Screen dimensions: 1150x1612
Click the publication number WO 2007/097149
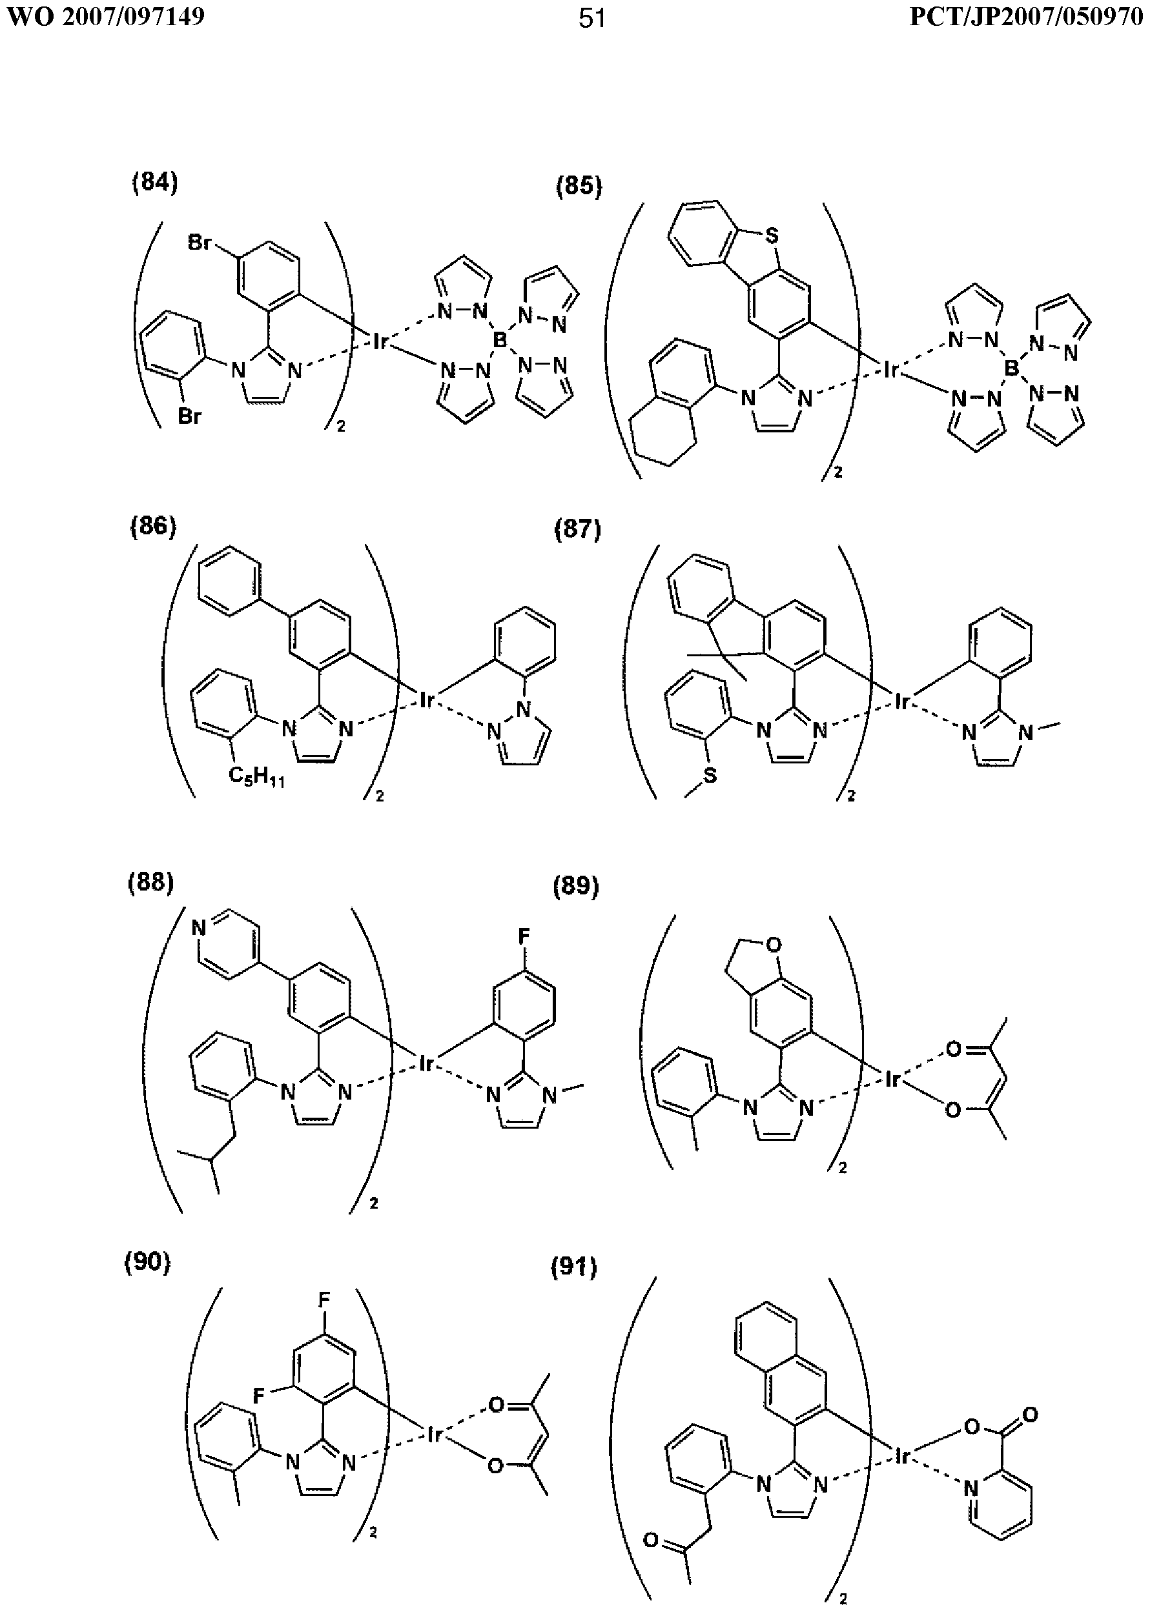(104, 16)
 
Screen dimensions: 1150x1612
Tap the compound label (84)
(155, 183)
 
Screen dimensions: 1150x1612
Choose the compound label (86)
(153, 527)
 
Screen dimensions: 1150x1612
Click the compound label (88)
(151, 883)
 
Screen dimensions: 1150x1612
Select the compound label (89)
(576, 886)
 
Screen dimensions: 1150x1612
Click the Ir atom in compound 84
(381, 343)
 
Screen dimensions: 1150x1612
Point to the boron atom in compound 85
(1012, 368)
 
